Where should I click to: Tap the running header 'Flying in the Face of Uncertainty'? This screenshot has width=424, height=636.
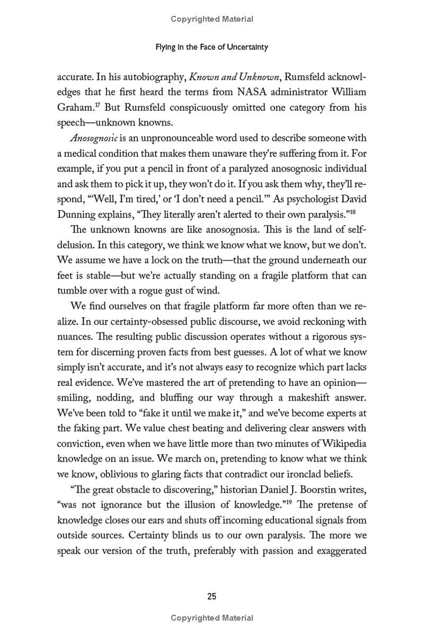212,47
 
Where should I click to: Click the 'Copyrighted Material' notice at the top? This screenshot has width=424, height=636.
212,19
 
